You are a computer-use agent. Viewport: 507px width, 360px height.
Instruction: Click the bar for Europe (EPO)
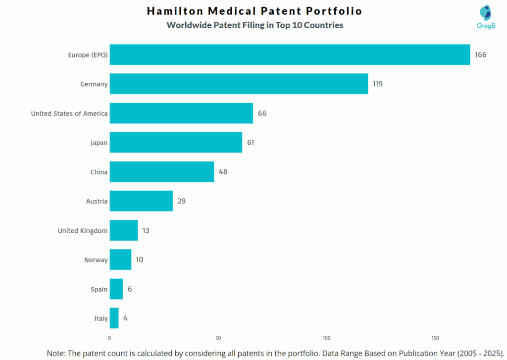click(x=290, y=54)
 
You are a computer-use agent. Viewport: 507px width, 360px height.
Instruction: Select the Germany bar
click(x=239, y=84)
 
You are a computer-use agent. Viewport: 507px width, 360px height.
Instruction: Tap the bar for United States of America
click(x=181, y=113)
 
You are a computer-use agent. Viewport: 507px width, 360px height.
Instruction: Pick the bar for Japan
click(x=176, y=142)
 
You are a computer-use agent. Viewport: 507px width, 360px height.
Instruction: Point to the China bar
click(x=162, y=171)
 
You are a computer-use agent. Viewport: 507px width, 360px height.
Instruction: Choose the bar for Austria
click(x=141, y=201)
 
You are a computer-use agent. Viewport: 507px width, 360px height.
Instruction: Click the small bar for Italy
click(x=114, y=318)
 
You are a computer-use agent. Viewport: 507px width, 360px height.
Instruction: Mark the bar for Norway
click(x=120, y=259)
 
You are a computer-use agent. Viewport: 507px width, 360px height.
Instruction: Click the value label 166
click(x=480, y=55)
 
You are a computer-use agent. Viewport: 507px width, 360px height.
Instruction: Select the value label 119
click(x=378, y=84)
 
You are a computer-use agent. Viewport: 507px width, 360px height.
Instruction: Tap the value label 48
click(x=223, y=172)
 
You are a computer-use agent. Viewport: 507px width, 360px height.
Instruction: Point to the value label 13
click(x=146, y=230)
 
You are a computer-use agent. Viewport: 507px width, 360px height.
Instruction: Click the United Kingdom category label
click(x=83, y=231)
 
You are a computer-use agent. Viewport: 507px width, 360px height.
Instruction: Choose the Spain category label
click(x=99, y=289)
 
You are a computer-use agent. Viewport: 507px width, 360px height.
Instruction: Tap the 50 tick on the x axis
click(x=218, y=339)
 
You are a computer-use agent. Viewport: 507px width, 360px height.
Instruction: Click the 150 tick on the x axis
click(x=435, y=339)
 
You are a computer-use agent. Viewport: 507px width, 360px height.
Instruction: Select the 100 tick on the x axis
click(x=327, y=339)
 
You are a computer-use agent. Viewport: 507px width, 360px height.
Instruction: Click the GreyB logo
click(x=486, y=17)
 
